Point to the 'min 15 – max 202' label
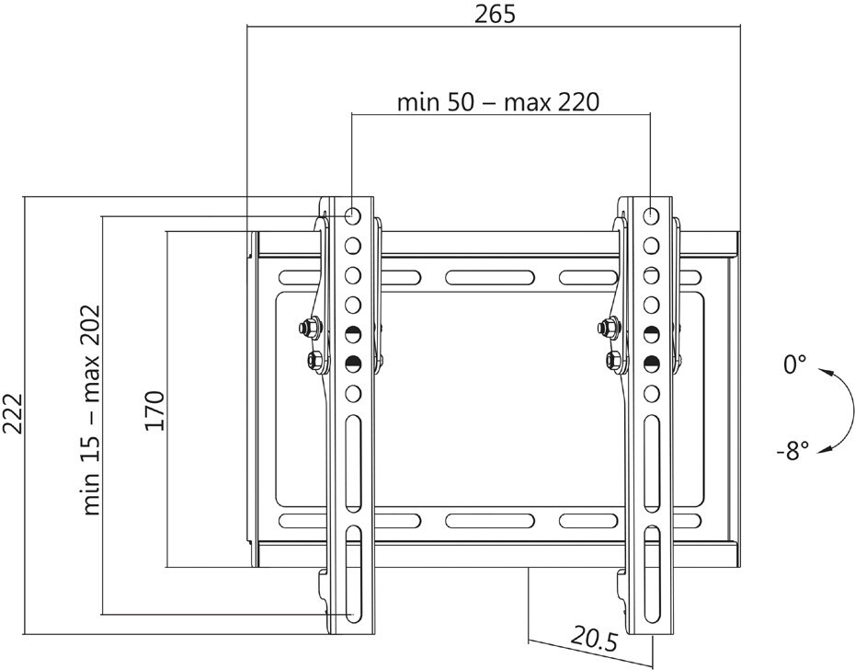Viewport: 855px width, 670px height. (90, 411)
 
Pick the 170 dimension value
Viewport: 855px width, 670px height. (154, 411)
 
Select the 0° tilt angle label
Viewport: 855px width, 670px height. (794, 365)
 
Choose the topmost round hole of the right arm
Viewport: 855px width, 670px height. (651, 215)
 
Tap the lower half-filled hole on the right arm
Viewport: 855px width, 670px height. (651, 363)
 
